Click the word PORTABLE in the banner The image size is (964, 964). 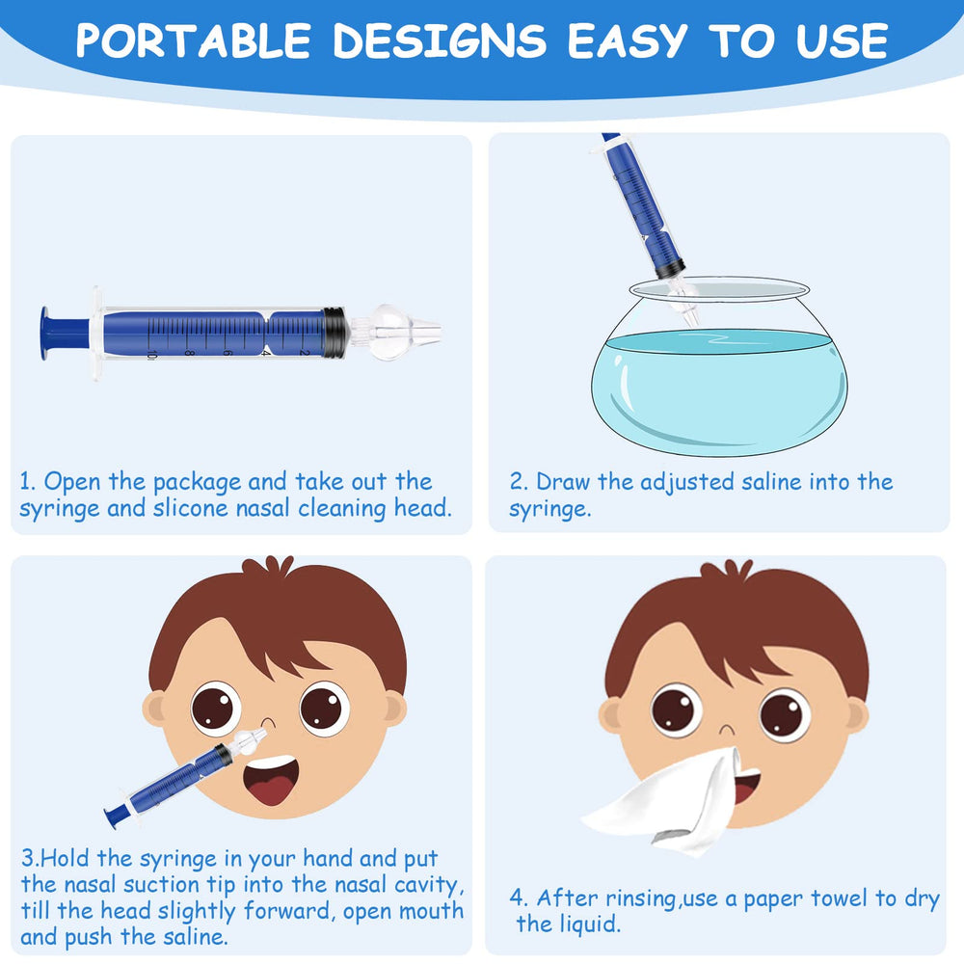[x=194, y=40]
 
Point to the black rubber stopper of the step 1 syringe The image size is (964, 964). [x=334, y=332]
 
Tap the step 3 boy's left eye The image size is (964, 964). [x=214, y=708]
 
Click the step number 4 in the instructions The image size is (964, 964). [x=519, y=898]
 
